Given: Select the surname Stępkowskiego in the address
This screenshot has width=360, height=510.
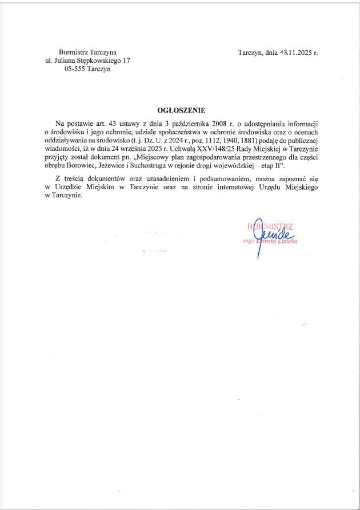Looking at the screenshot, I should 99,61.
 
